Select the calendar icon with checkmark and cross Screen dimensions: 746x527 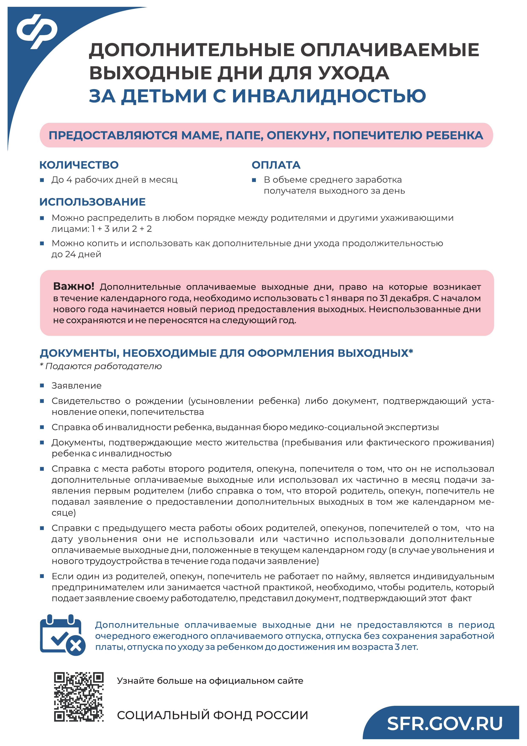62,635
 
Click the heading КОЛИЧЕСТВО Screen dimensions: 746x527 79,165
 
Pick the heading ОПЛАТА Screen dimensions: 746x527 276,165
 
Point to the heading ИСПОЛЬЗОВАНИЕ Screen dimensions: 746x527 92,202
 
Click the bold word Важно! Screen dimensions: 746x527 74,286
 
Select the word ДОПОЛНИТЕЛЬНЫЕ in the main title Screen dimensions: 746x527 192,50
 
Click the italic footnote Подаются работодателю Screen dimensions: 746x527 103,366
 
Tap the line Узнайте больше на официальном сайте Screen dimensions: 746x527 210,681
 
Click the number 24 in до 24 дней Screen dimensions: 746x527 71,254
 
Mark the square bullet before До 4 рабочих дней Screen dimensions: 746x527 42,180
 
